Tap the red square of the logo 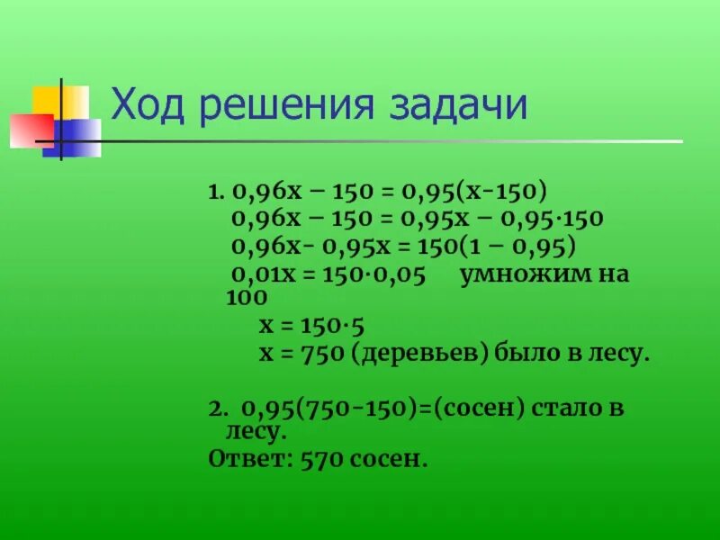pyautogui.click(x=31, y=130)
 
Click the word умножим pyautogui.click(x=525, y=274)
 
